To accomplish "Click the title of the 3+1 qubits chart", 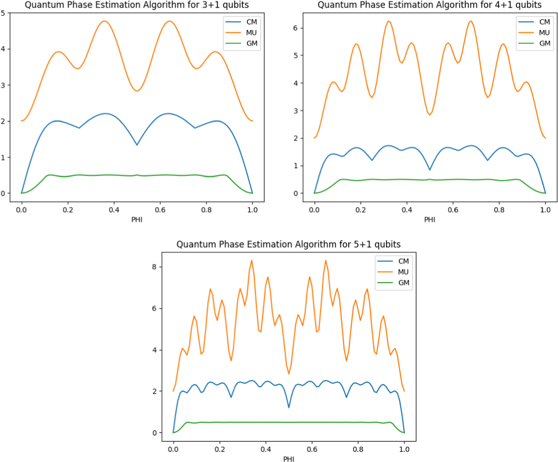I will tap(137, 5).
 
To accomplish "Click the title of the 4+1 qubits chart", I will tap(429, 5).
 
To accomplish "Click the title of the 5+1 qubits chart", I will tap(288, 244).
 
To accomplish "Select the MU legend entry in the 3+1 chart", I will tap(251, 33).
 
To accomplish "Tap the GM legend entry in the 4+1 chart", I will tap(544, 43).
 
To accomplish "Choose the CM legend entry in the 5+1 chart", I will tap(403, 261).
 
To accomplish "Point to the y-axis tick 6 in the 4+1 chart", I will tap(295, 28).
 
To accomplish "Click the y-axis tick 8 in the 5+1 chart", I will tap(154, 267).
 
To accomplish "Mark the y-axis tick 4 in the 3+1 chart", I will tap(3, 49).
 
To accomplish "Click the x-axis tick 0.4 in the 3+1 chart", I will tap(114, 210).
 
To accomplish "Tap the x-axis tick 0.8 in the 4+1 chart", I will tap(499, 210).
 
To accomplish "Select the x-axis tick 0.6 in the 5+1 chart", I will tap(312, 449).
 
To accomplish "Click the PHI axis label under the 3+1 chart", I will tap(137, 220).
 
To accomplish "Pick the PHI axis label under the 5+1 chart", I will tap(289, 459).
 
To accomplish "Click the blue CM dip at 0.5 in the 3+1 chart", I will tap(137, 145).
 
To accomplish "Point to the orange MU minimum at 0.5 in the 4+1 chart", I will tap(430, 114).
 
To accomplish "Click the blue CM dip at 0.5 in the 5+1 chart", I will tap(289, 407).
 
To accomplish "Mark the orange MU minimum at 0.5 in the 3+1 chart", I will tap(137, 91).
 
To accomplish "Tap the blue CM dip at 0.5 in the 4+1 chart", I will tap(430, 169).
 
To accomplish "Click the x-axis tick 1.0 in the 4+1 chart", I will tap(545, 210).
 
